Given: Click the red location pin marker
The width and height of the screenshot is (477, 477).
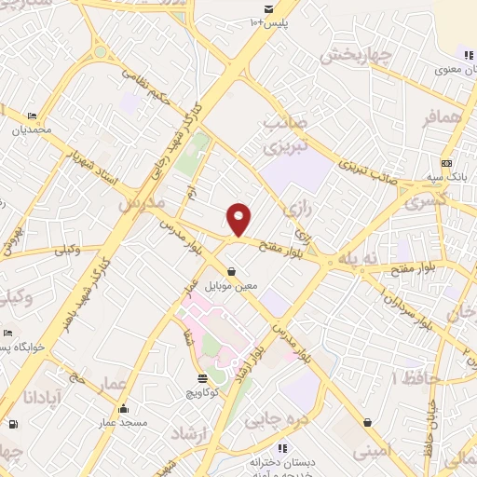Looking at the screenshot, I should coord(239,219).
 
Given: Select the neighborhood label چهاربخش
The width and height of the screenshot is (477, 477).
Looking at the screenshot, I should coord(353,57).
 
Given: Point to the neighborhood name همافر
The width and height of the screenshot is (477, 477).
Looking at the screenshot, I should coord(442,117).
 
